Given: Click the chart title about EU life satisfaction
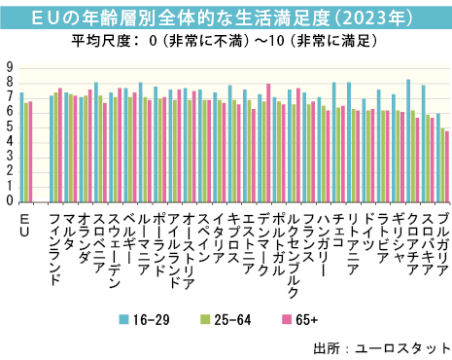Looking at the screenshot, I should coord(226,18).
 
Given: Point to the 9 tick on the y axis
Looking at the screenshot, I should coord(9,67).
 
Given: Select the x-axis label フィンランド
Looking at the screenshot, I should coord(54,249).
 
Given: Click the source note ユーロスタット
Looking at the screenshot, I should coord(400,346).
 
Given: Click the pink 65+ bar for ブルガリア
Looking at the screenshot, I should coord(447,166).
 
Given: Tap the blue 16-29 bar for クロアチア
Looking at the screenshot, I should coord(408,141).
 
